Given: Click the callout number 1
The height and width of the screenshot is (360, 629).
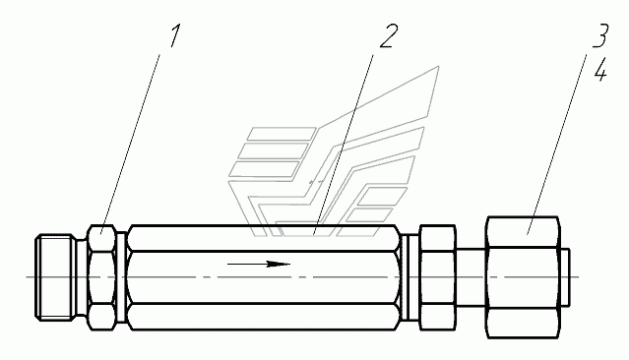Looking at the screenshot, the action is point(174,35).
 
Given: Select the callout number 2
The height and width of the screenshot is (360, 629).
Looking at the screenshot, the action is point(388,36).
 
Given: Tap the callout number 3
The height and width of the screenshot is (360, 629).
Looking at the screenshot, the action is point(600,35).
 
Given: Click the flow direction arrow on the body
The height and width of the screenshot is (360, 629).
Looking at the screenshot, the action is point(259,264).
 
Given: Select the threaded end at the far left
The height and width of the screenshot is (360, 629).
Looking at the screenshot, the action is point(56,277).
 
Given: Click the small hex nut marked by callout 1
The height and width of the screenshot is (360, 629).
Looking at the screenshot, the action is point(102,277).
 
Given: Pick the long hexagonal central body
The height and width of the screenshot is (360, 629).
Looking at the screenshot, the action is point(264,277).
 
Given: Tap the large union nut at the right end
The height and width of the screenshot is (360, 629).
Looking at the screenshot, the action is point(523,277).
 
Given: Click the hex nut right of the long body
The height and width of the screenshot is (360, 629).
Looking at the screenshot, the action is point(438,277).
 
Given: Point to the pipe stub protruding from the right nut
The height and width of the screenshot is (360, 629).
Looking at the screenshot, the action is point(565,277).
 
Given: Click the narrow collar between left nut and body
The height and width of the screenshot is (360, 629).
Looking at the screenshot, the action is point(122,277).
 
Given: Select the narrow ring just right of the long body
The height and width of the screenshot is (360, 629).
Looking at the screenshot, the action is point(410,277).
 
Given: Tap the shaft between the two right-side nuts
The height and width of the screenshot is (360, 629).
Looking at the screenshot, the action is point(471,277).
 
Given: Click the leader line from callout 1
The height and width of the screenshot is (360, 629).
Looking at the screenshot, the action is point(130,144).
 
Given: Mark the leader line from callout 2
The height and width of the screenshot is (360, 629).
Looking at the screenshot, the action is point(344,144).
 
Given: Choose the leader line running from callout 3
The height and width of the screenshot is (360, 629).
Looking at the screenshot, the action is point(557,144).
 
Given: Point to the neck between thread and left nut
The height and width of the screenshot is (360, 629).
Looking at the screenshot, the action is point(83,277).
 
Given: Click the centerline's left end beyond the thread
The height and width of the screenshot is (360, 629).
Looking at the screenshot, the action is point(27,277).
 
